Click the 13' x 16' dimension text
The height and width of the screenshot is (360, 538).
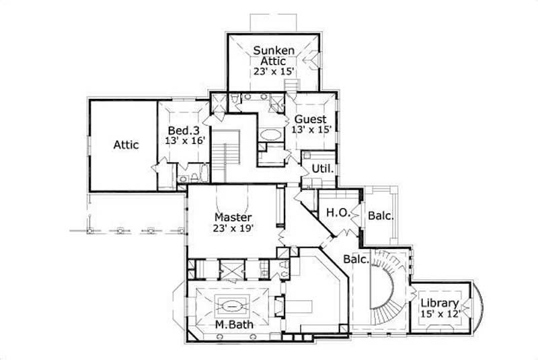click(184, 141)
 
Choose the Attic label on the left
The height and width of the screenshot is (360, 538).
click(126, 145)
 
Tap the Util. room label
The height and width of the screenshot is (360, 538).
click(323, 169)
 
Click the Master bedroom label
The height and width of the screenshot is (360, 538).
click(233, 217)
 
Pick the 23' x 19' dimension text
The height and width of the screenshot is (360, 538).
click(233, 229)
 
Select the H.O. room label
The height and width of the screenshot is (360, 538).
click(336, 213)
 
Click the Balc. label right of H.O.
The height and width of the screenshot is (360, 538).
click(380, 217)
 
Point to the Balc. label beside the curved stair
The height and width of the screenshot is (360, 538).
click(356, 259)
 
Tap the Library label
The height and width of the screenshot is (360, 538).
click(440, 303)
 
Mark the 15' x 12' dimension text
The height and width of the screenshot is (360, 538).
click(440, 314)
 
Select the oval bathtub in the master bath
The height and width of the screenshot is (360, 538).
click(233, 305)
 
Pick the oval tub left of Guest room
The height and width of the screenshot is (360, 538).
click(272, 134)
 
